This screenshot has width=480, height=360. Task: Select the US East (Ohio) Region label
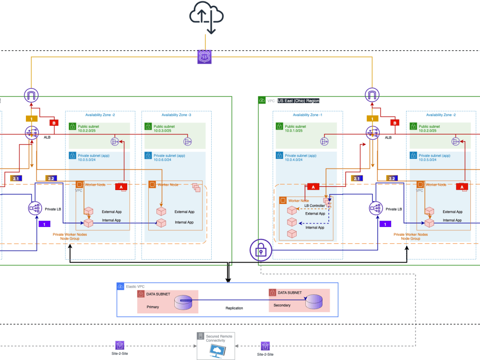pos(298,101)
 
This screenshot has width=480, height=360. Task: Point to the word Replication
pos(234,308)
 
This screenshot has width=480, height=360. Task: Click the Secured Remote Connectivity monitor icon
pos(215,349)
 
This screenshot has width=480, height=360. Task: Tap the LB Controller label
pos(314,205)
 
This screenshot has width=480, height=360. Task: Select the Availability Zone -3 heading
pos(176,115)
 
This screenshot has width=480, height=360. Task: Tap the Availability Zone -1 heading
pos(308,115)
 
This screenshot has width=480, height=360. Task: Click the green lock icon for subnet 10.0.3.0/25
pos(148,127)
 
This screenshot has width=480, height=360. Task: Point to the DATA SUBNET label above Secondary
pos(290,292)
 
